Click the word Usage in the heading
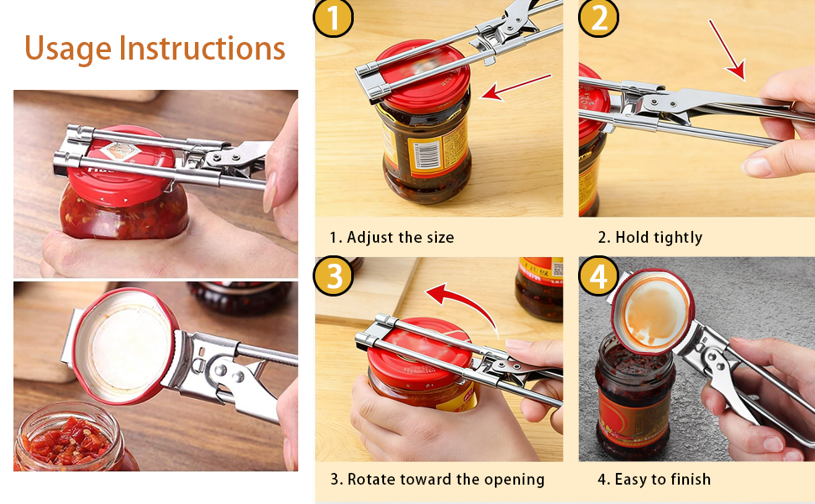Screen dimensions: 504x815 pyautogui.click(x=68, y=48)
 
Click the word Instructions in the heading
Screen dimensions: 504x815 pyautogui.click(x=202, y=48)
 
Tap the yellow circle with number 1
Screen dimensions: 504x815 pyautogui.click(x=334, y=18)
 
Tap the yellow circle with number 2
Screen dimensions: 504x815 pyautogui.click(x=598, y=18)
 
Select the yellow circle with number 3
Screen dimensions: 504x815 pyautogui.click(x=334, y=276)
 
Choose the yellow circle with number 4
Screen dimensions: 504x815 pyautogui.click(x=598, y=276)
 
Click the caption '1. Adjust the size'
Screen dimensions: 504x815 pyautogui.click(x=392, y=238)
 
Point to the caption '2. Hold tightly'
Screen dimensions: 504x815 pyautogui.click(x=649, y=238)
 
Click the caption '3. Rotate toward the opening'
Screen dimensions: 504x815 pyautogui.click(x=437, y=480)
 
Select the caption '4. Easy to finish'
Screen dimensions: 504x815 pyautogui.click(x=654, y=480)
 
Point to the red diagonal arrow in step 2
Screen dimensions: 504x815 pyautogui.click(x=727, y=50)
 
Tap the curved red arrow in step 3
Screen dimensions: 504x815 pyautogui.click(x=462, y=302)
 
